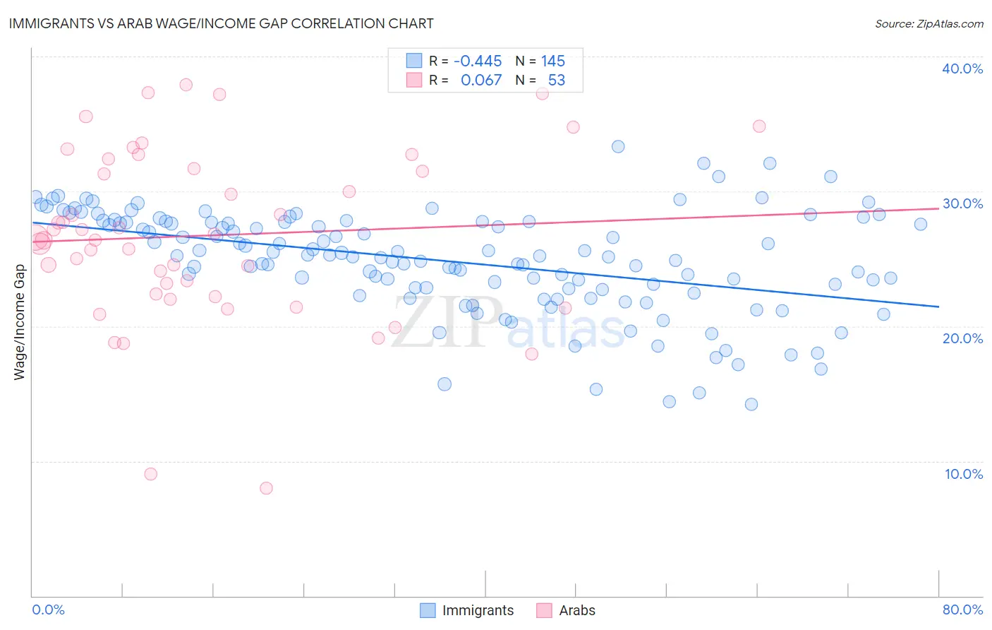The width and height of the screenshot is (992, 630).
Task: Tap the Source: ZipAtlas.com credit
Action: pos(929,23)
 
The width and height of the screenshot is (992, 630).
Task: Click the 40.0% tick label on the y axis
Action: pos(962,69)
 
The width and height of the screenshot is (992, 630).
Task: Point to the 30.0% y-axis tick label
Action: pos(962,203)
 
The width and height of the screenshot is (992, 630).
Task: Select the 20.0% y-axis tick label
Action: pos(962,338)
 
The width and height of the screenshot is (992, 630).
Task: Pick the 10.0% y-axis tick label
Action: pos(962,474)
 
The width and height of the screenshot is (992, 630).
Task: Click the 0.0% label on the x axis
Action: pos(48,610)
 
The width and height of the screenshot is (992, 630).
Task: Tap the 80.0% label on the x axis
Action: pos(962,610)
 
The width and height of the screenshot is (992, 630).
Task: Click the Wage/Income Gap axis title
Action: pos(19,322)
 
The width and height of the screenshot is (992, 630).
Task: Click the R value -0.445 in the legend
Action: pos(478,61)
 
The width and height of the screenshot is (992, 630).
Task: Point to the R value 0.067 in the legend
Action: pos(481,81)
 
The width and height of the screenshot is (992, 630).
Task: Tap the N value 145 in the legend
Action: pos(553,61)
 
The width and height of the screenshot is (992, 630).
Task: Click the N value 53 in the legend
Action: pos(557,81)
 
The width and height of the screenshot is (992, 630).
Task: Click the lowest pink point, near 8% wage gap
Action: pos(266,488)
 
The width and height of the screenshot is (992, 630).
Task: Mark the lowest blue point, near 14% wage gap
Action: pos(751,404)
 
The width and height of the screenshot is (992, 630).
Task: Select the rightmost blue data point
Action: pos(921,224)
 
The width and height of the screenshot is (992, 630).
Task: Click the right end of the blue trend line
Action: pos(938,307)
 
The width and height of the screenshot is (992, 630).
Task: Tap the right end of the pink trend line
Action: pos(938,208)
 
